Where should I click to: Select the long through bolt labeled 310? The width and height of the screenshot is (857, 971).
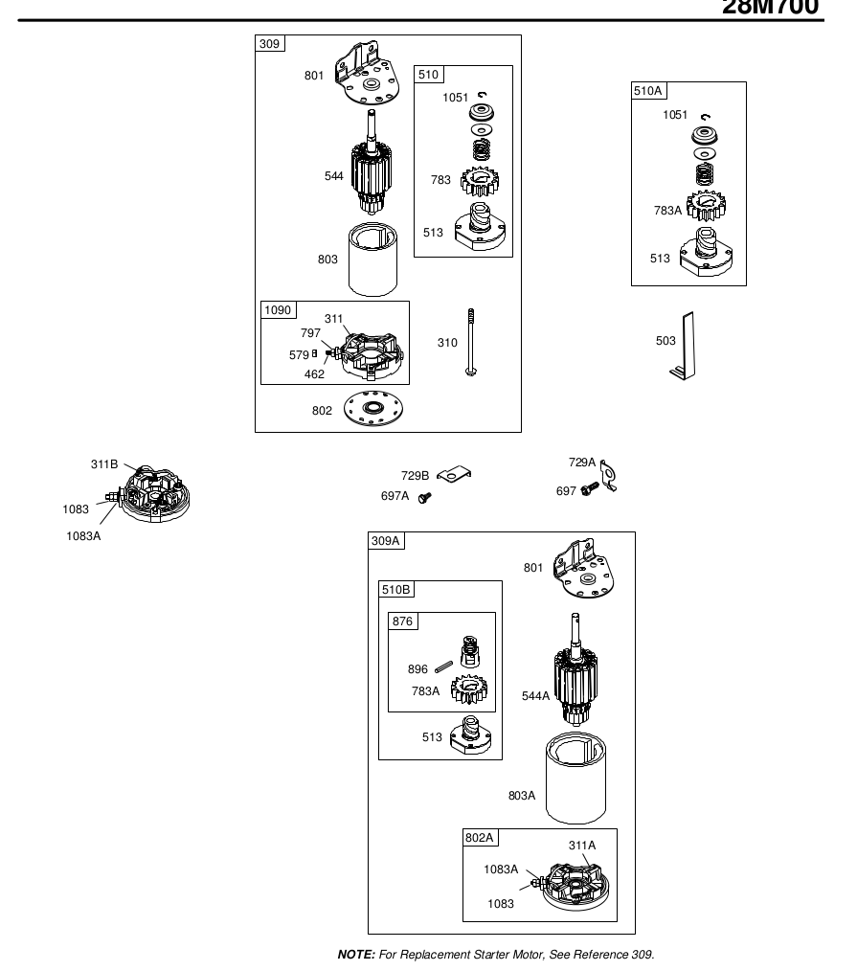[472, 344]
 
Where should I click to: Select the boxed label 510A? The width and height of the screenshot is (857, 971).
[648, 91]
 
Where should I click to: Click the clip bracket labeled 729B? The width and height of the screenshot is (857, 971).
[457, 474]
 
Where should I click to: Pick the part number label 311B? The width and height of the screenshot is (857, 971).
[104, 464]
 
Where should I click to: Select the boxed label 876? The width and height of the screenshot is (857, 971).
[402, 621]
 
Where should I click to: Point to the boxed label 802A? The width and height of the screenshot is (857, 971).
[480, 837]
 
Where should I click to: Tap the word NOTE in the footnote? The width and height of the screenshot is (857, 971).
[355, 955]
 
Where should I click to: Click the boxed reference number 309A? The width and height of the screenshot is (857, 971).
[387, 541]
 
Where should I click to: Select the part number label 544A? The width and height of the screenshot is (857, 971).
[536, 696]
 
